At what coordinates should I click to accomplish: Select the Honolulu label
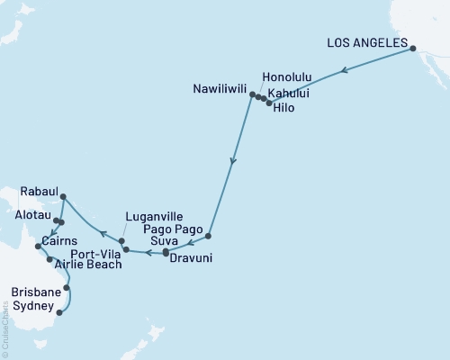click(x=286, y=77)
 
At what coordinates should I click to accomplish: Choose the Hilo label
click(x=283, y=107)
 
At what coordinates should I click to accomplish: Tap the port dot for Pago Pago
click(x=208, y=236)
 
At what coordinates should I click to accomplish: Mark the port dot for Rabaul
click(x=63, y=196)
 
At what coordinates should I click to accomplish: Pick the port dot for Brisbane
click(x=67, y=288)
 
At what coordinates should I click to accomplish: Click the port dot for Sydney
click(x=59, y=313)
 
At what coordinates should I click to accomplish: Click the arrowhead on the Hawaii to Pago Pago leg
click(x=233, y=163)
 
